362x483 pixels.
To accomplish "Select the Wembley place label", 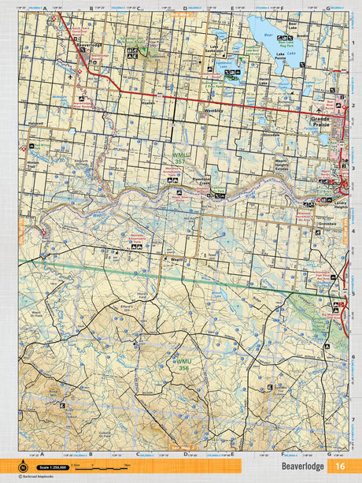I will (213, 110).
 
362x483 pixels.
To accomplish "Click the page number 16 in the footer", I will (339, 466).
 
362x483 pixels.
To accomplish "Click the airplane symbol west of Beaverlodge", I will (71, 77).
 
